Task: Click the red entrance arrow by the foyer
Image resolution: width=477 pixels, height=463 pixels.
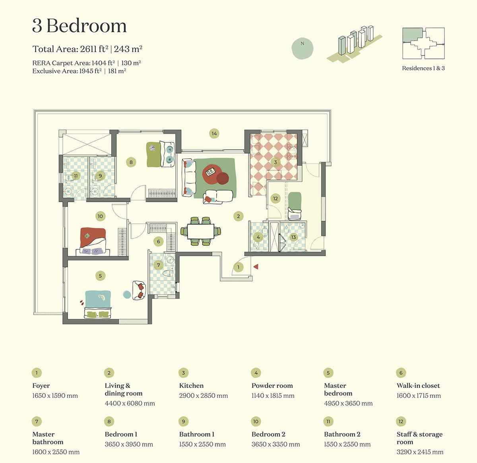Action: pyautogui.click(x=256, y=267)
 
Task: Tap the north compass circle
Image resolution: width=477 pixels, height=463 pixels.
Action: pyautogui.click(x=302, y=48)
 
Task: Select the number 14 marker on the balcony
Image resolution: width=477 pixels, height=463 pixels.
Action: pyautogui.click(x=214, y=133)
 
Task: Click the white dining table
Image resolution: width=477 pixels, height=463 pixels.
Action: pyautogui.click(x=200, y=231)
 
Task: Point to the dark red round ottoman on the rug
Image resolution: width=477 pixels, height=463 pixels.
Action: pyautogui.click(x=223, y=178)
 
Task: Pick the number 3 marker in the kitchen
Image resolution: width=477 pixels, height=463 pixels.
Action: pyautogui.click(x=275, y=162)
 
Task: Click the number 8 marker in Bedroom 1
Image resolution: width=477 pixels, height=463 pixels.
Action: pyautogui.click(x=131, y=162)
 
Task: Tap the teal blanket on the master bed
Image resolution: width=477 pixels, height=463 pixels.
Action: pyautogui.click(x=98, y=299)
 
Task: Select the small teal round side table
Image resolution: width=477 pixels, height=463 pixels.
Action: pyautogui.click(x=127, y=294)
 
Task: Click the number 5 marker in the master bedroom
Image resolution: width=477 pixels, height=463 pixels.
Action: pyautogui.click(x=100, y=276)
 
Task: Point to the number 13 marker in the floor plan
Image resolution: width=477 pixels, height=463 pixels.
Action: pyautogui.click(x=293, y=237)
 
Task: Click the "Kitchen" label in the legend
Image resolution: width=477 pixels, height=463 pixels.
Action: pyautogui.click(x=191, y=385)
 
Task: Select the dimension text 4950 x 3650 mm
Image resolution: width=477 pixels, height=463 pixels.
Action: pyautogui.click(x=348, y=403)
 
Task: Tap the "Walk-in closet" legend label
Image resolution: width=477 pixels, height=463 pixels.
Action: pyautogui.click(x=418, y=385)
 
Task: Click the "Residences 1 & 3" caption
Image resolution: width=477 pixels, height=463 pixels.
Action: pyautogui.click(x=423, y=68)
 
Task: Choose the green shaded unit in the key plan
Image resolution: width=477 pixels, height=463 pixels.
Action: pyautogui.click(x=413, y=35)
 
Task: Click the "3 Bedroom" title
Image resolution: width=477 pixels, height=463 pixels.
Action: pyautogui.click(x=79, y=26)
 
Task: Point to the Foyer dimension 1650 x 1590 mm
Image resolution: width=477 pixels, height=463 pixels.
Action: pyautogui.click(x=55, y=395)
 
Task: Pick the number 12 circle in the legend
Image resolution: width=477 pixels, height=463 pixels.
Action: pyautogui.click(x=401, y=422)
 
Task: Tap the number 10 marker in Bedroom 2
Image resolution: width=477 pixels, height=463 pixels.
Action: pyautogui.click(x=100, y=216)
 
